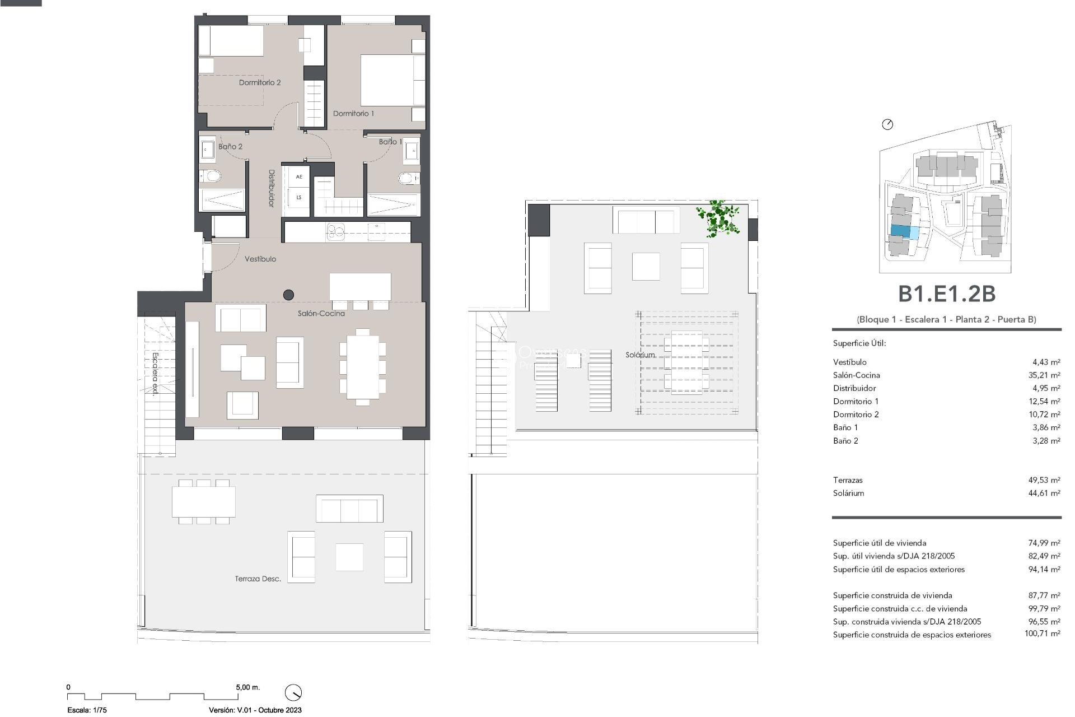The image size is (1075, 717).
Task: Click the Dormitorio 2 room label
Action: [x=260, y=82]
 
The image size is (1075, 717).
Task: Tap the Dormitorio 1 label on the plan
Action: [x=353, y=113]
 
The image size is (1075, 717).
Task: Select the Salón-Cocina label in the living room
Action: [x=321, y=314]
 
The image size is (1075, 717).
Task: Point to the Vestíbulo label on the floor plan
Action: [x=260, y=259]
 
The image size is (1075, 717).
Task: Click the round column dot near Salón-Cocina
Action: [x=289, y=294]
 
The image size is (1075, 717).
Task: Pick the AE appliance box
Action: [x=299, y=177]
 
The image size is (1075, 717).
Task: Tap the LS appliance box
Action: [x=299, y=197]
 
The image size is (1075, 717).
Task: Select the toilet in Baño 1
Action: [x=408, y=179]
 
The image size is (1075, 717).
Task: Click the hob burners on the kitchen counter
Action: [x=335, y=231]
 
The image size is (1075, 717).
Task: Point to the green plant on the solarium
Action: [x=718, y=218]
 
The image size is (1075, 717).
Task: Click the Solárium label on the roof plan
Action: [x=640, y=355]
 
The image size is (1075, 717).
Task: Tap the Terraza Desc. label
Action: [x=258, y=579]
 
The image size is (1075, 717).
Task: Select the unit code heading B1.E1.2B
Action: [x=946, y=294]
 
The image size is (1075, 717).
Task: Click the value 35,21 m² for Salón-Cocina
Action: [x=1044, y=375]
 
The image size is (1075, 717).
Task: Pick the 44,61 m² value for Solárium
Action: [x=1044, y=493]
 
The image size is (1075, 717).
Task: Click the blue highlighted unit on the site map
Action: [x=901, y=231]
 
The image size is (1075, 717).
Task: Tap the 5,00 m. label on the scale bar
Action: [x=248, y=687]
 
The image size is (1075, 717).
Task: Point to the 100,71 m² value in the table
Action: [x=1042, y=634]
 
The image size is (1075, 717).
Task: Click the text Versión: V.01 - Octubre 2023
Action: [x=255, y=710]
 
